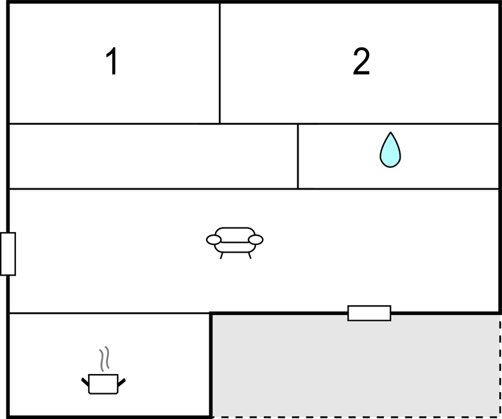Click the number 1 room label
click(112, 61)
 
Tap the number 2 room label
click(361, 61)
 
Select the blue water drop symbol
click(390, 150)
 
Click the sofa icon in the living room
click(235, 243)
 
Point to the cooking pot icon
click(103, 384)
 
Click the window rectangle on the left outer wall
click(8, 254)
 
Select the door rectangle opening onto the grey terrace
click(369, 313)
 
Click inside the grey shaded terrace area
click(356, 366)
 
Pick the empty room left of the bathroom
click(153, 156)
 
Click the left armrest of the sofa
click(214, 240)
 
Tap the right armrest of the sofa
click(255, 240)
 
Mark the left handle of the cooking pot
click(85, 382)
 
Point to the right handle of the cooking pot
click(122, 382)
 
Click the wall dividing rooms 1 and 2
click(220, 63)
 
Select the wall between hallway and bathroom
click(298, 156)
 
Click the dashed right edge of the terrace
click(500, 366)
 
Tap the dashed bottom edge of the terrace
click(356, 417)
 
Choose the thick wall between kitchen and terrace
click(211, 365)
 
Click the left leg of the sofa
click(221, 256)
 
